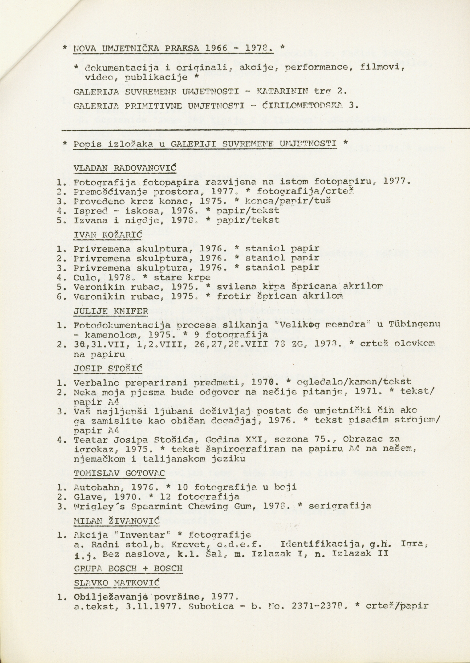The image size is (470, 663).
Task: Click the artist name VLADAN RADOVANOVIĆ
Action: click(124, 168)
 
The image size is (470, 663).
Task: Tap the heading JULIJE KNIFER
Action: click(110, 311)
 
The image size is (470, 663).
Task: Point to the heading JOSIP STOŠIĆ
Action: click(108, 369)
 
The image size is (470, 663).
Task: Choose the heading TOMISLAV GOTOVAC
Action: click(119, 473)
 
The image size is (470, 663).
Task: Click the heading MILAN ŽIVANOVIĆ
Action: click(116, 520)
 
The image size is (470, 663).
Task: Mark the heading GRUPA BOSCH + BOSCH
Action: click(128, 568)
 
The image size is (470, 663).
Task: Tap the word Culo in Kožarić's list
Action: click(84, 277)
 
